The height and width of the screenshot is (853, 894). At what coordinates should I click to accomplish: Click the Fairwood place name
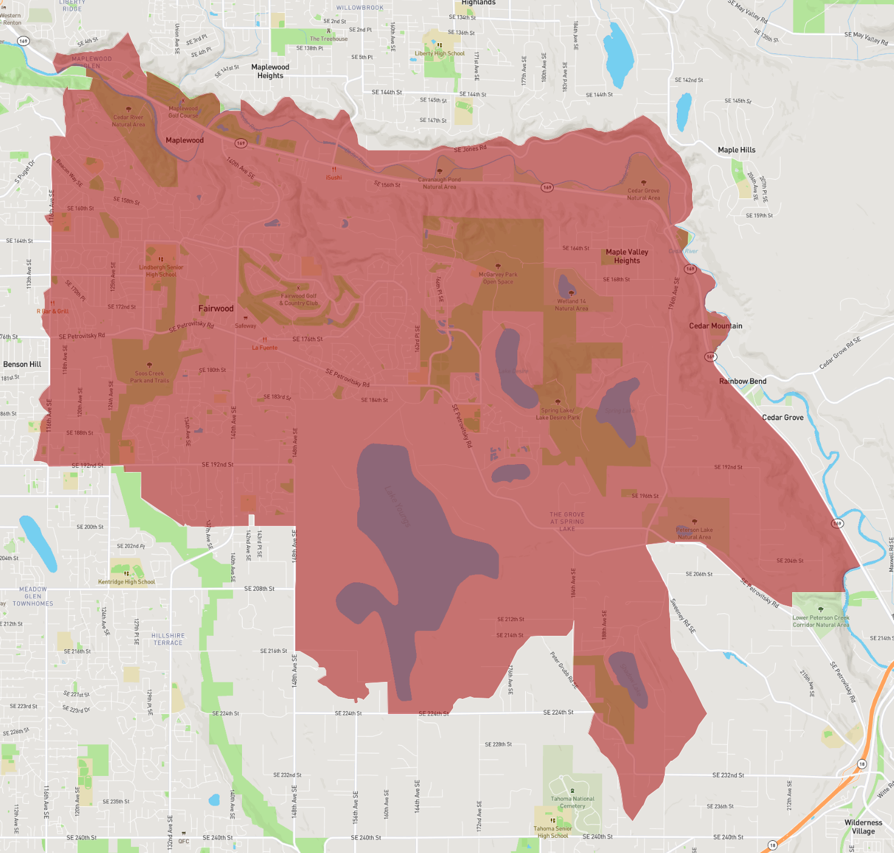tap(216, 308)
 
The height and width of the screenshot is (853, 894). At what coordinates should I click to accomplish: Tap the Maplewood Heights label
tap(270, 72)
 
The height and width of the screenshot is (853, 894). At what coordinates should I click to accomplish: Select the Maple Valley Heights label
tap(627, 256)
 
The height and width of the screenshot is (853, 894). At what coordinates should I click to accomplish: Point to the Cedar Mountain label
tap(715, 326)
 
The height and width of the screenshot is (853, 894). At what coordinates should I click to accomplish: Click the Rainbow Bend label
tap(742, 381)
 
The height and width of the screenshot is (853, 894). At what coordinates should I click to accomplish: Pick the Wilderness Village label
tap(862, 827)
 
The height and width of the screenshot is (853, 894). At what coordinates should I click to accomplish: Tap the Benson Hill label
tap(22, 364)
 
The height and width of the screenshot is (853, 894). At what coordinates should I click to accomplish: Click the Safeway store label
tap(246, 326)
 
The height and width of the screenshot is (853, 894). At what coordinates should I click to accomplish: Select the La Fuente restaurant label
tap(264, 348)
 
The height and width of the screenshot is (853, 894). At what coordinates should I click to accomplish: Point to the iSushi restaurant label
tap(334, 177)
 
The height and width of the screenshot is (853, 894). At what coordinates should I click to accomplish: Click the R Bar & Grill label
tap(53, 311)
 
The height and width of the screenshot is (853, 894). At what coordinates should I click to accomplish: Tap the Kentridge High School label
tap(126, 582)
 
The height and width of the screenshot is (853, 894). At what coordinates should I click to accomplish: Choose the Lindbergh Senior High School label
tap(161, 271)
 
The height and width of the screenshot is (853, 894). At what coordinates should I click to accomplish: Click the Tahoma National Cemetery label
tap(572, 802)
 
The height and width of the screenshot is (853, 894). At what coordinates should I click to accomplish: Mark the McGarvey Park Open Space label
tap(498, 278)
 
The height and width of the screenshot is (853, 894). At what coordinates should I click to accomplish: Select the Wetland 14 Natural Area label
tap(571, 305)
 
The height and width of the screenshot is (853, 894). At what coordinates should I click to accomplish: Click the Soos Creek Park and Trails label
tap(149, 377)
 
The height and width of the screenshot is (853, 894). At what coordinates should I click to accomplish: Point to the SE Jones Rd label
tap(470, 149)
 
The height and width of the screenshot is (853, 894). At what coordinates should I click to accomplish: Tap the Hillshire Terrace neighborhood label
tap(168, 639)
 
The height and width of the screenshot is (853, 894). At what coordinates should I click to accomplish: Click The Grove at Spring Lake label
tap(567, 521)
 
